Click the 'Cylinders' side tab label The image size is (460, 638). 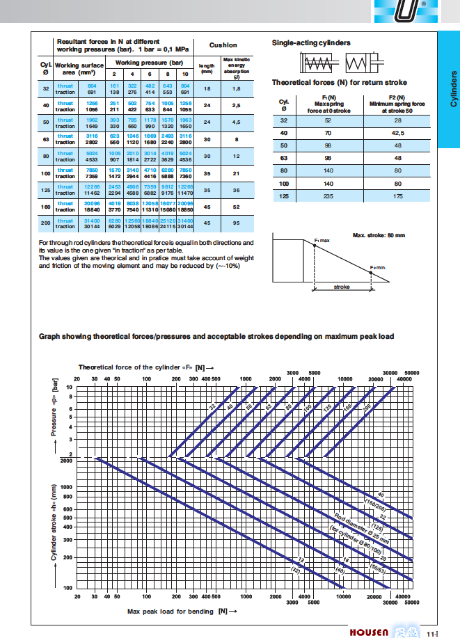point(452,88)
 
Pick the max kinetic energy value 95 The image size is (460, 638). point(236,223)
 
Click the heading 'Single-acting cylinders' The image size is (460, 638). point(311,43)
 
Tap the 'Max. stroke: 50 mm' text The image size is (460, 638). point(379,235)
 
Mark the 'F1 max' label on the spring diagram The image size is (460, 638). point(321,240)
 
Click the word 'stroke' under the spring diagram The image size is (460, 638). point(342,286)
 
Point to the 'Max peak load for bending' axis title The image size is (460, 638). point(177,611)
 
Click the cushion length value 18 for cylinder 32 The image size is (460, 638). point(207,88)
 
